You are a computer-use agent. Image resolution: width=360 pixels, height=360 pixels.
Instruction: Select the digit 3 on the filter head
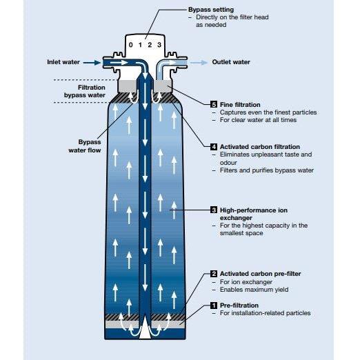click(x=160, y=46)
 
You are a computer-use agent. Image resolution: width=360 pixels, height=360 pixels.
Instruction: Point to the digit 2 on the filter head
click(x=150, y=46)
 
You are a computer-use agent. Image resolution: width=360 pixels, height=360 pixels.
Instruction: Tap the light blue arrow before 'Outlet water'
click(x=199, y=62)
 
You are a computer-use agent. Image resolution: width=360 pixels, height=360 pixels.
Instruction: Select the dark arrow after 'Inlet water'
click(x=91, y=62)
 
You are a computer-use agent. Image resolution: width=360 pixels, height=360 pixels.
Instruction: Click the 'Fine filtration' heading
click(x=241, y=104)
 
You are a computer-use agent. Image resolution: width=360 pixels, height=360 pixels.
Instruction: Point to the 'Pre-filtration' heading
click(x=239, y=306)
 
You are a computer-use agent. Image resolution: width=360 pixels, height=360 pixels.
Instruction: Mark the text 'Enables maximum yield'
click(x=255, y=289)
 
